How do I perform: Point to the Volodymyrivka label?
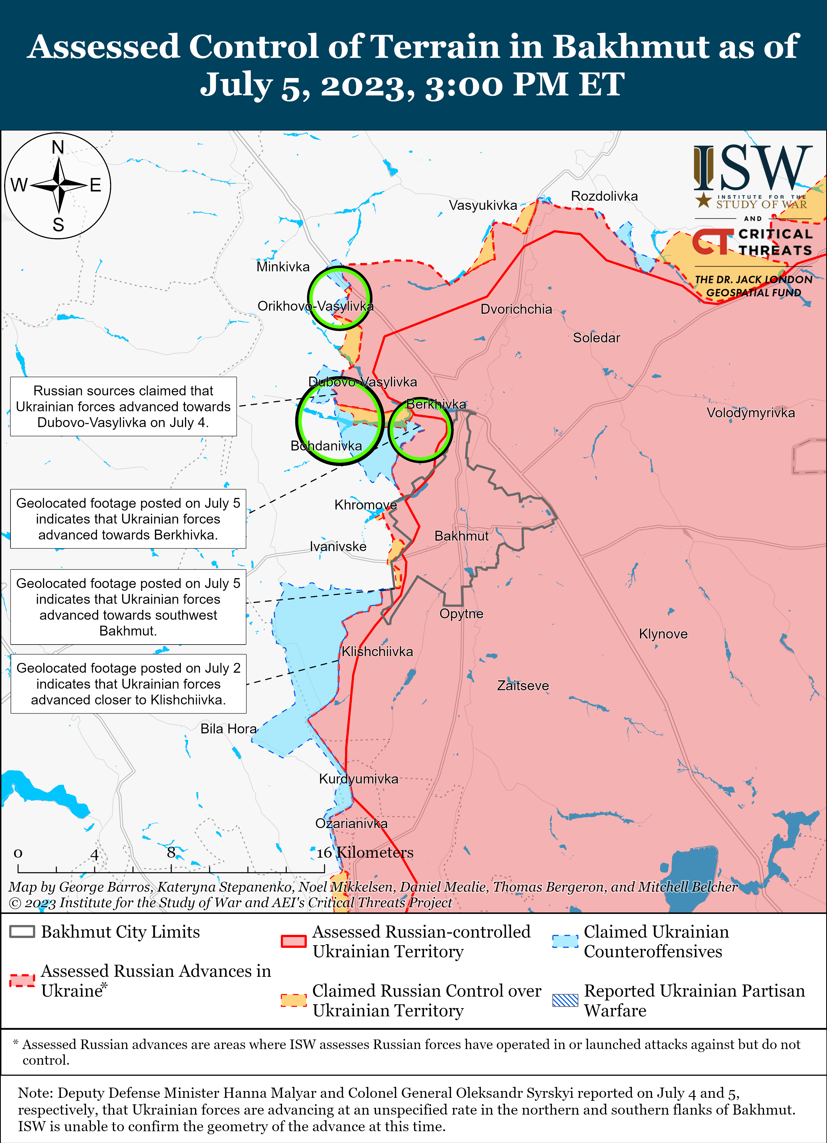click(x=750, y=413)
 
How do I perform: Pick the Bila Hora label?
click(x=228, y=728)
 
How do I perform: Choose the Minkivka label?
click(x=283, y=267)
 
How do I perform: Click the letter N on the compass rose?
click(x=58, y=148)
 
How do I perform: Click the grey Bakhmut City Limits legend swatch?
click(x=22, y=931)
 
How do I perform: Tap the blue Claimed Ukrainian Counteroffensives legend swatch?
click(x=565, y=941)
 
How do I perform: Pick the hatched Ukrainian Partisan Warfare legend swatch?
click(x=565, y=1000)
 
